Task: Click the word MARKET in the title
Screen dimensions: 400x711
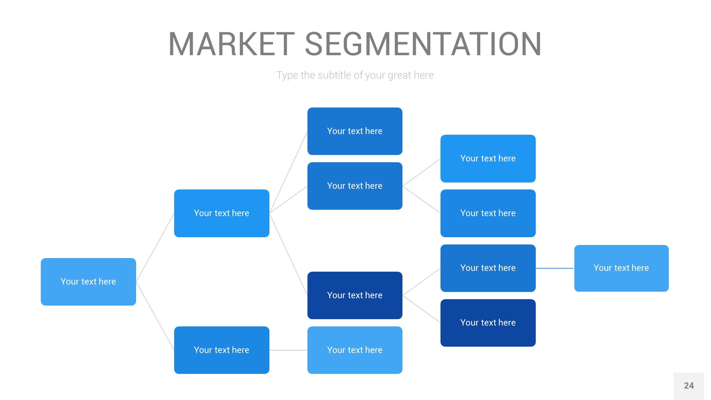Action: [231, 44]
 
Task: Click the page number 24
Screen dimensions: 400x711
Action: [689, 386]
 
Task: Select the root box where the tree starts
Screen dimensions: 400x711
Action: [88, 282]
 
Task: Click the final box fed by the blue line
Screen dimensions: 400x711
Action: [621, 268]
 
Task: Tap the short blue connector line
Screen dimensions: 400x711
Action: [555, 268]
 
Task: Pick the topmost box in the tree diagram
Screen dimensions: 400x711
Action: [355, 131]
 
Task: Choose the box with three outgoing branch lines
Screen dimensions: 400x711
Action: [222, 213]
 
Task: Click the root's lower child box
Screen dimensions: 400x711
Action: [222, 350]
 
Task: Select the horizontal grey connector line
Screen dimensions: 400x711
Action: [288, 350]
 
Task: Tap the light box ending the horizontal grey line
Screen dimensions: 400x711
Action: [355, 350]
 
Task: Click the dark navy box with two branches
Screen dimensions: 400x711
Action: [355, 295]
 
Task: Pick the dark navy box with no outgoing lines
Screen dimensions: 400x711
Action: [488, 323]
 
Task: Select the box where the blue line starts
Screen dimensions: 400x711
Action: [488, 268]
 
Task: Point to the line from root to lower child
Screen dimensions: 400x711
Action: [155, 316]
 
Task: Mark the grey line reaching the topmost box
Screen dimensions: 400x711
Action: [288, 172]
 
